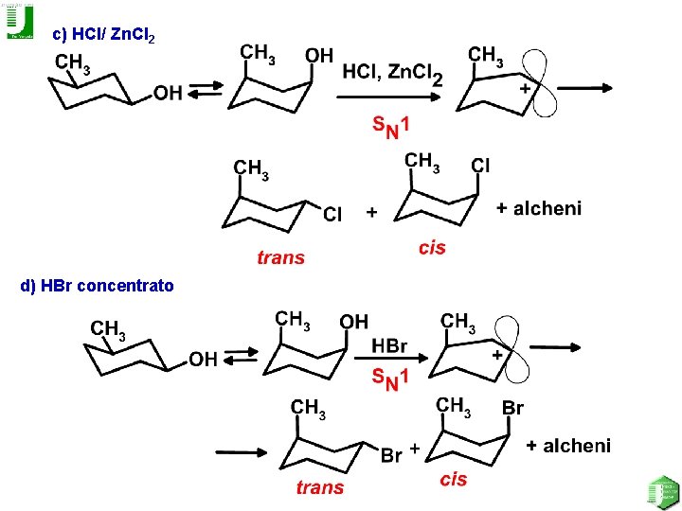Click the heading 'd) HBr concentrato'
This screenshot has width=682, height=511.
pos(97,284)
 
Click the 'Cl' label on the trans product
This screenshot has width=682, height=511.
pos(332,214)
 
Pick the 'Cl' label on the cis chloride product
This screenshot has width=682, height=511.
pos(481,166)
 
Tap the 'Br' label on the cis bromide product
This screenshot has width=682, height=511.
pos(512,409)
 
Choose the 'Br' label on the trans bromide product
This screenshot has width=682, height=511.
pos(391,455)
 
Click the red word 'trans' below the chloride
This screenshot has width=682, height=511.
pos(280,256)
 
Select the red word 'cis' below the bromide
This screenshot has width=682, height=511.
pos(454,479)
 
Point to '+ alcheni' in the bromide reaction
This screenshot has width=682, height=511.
pos(568,445)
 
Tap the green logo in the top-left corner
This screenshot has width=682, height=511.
pos(19,21)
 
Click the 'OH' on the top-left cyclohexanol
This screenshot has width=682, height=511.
pos(168,92)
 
